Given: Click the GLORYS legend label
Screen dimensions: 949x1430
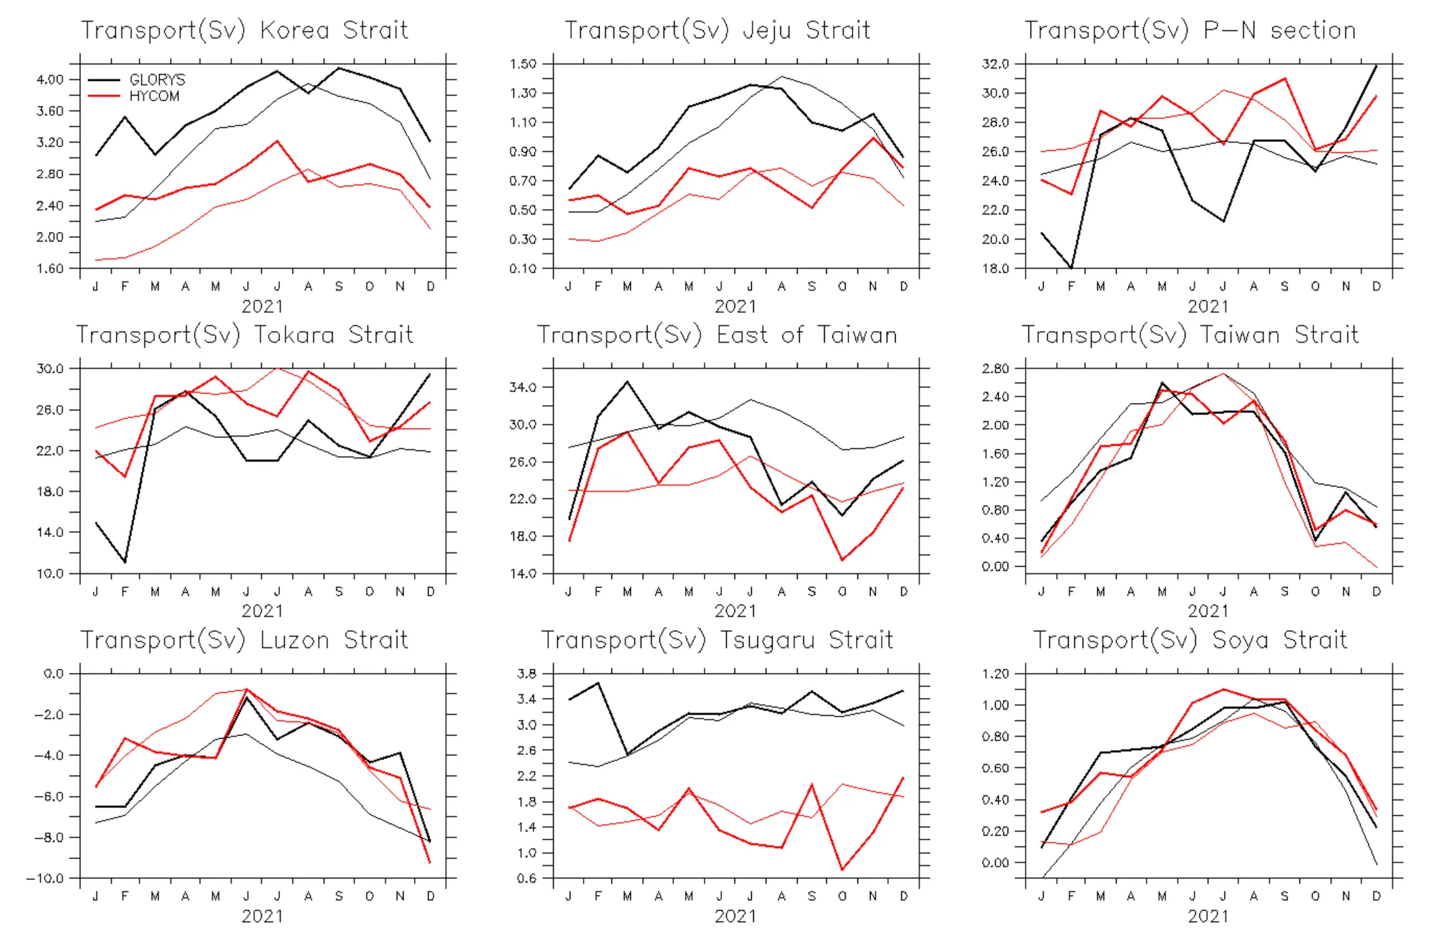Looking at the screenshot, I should tap(157, 80).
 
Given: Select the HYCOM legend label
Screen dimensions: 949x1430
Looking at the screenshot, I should tap(154, 96).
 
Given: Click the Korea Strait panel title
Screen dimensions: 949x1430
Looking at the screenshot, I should tap(244, 31).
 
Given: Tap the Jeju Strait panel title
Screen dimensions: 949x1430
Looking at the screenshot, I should tap(717, 31).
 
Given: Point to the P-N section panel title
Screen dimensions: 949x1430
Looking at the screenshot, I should tap(1190, 31).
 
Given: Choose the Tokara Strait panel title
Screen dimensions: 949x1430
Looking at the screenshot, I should tap(244, 335).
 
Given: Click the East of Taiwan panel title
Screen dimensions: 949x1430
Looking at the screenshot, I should tap(717, 335).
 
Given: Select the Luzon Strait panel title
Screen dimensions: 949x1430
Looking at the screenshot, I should tap(244, 640).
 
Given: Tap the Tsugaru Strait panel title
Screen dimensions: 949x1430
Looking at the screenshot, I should tap(717, 640).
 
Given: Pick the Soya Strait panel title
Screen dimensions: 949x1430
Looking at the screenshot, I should tap(1190, 640).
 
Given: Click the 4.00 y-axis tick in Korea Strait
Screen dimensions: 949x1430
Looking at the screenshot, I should tap(50, 80).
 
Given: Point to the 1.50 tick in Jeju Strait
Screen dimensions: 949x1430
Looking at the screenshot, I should tap(523, 64).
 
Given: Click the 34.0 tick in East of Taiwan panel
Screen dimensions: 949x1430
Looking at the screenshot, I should tap(523, 388).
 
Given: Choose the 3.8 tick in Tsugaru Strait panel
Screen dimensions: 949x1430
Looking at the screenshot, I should tap(526, 674).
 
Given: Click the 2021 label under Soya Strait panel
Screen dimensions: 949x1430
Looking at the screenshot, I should tap(1208, 916).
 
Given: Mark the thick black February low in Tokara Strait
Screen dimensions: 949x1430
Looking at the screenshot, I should tap(125, 562).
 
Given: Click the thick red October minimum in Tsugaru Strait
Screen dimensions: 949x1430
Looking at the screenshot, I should tap(842, 870).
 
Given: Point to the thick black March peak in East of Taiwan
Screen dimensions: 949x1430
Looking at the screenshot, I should tap(628, 382).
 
